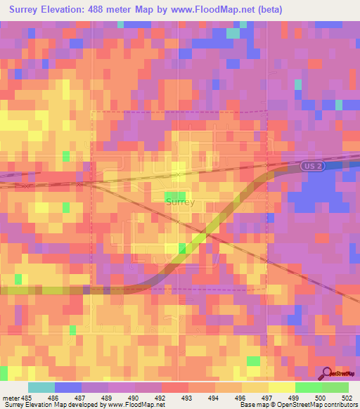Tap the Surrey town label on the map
(180, 202)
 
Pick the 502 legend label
(336, 398)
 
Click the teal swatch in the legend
(41, 387)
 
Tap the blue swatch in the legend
(68, 387)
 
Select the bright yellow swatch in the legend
(282, 387)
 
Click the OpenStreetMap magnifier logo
(328, 374)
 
